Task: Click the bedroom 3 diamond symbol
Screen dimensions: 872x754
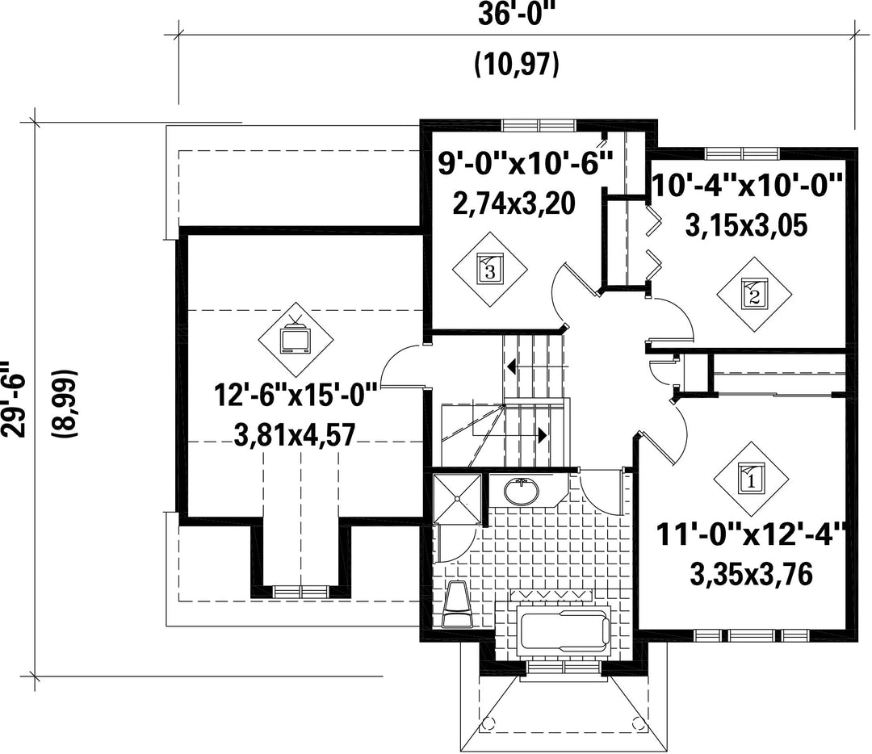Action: (x=489, y=269)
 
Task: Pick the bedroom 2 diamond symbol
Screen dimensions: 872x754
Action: (x=754, y=294)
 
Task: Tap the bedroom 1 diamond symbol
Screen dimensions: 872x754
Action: (x=752, y=479)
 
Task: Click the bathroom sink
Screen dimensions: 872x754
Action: (x=522, y=492)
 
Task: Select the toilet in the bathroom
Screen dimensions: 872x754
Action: (x=458, y=605)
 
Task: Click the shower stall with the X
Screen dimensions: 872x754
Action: (x=457, y=498)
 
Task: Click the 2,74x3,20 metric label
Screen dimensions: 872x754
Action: (x=514, y=204)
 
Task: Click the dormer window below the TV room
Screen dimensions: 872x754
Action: (x=301, y=592)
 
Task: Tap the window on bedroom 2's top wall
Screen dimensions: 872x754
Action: (x=743, y=153)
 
